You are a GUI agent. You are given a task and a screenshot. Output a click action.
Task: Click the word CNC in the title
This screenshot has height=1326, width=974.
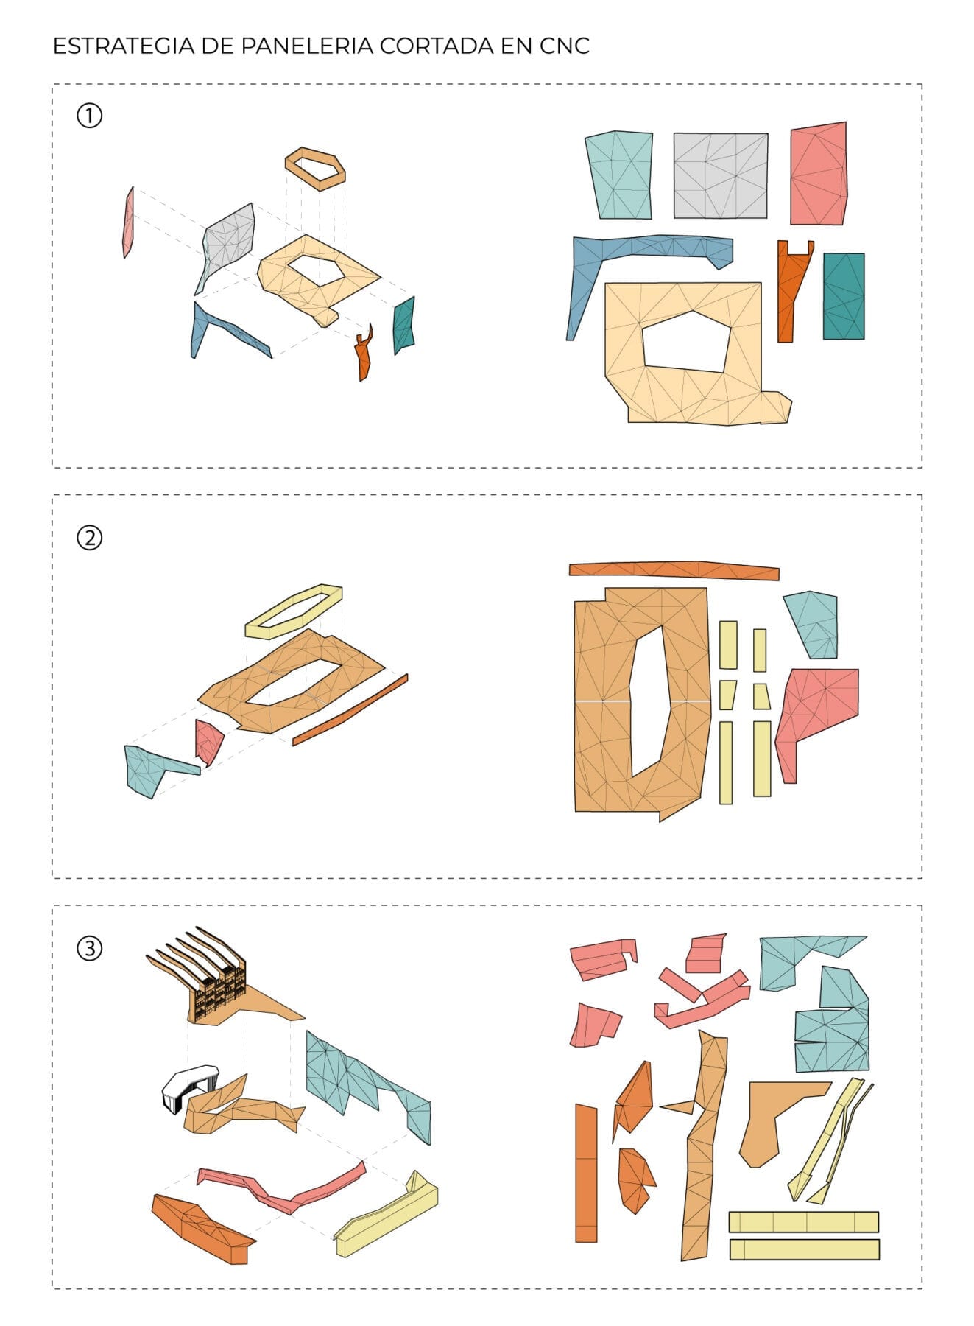click(x=565, y=46)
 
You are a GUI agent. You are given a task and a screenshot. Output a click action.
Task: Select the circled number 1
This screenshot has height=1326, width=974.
click(x=90, y=116)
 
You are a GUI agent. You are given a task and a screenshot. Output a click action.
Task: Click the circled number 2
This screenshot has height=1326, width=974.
click(x=90, y=538)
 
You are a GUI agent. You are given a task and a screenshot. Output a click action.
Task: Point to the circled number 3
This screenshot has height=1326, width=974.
click(x=90, y=948)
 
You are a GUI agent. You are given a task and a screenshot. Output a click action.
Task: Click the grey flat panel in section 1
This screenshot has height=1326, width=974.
click(x=721, y=176)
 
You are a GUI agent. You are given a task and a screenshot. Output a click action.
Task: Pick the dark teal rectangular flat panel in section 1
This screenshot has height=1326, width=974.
click(x=844, y=296)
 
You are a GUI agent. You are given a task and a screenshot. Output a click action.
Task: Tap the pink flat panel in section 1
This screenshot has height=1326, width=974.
click(x=818, y=174)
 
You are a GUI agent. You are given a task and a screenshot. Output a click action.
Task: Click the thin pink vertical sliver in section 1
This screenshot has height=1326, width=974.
click(x=128, y=222)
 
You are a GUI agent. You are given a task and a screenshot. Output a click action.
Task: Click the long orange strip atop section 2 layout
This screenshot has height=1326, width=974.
click(x=674, y=569)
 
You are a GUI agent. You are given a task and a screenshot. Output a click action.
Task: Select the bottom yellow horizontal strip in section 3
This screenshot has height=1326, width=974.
click(x=805, y=1249)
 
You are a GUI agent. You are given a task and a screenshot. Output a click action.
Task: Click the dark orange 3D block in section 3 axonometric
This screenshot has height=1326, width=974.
click(x=202, y=1229)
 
